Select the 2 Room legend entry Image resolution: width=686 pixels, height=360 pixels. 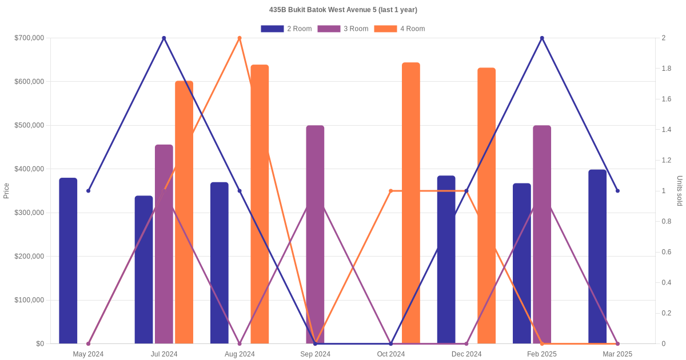point(286,29)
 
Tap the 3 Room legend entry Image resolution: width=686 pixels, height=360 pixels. point(342,29)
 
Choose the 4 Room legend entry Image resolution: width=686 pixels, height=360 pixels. point(399,29)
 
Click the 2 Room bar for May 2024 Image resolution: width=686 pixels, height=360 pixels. point(68,261)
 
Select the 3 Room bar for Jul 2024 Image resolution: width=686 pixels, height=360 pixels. point(164,244)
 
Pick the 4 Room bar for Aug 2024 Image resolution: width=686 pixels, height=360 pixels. point(260,204)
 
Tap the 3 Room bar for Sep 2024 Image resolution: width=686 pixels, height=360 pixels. point(315,234)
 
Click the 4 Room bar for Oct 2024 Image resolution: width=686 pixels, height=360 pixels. point(411,203)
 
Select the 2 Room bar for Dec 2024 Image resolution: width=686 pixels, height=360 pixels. point(446,259)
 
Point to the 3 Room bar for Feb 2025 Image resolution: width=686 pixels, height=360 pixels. point(542,234)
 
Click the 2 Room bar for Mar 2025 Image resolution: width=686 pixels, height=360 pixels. point(597,257)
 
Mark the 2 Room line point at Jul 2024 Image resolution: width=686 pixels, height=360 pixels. point(164,38)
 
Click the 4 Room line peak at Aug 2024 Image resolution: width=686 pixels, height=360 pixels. point(240,38)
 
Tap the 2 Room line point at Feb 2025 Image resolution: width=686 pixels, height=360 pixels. point(542,38)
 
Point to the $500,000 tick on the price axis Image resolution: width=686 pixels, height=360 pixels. point(29,125)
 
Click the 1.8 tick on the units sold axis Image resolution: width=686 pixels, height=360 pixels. point(667,69)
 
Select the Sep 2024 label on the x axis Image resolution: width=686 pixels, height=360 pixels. point(315,354)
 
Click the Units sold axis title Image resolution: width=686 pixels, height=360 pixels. point(679,191)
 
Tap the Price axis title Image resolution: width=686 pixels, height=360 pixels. point(6,191)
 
